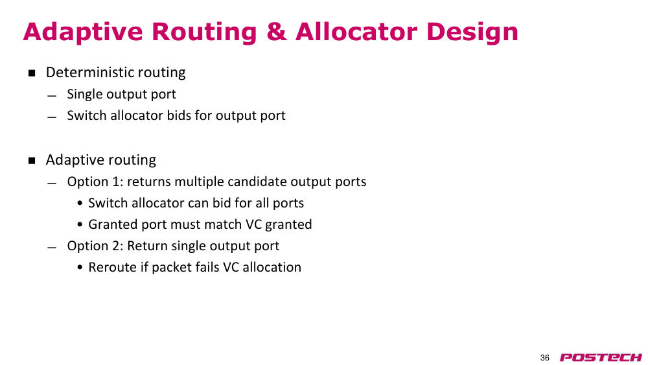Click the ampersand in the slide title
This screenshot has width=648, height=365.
(x=276, y=32)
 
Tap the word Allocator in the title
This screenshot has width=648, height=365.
(x=355, y=32)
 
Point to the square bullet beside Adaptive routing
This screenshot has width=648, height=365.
(x=32, y=160)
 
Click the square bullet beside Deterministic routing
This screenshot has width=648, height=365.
(x=32, y=73)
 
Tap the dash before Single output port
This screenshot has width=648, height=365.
(x=52, y=96)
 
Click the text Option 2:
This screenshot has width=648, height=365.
(x=95, y=246)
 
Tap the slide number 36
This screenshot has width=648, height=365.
(x=545, y=358)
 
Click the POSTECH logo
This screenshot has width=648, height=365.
(x=601, y=358)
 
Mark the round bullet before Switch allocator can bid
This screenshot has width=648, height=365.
(x=80, y=204)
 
